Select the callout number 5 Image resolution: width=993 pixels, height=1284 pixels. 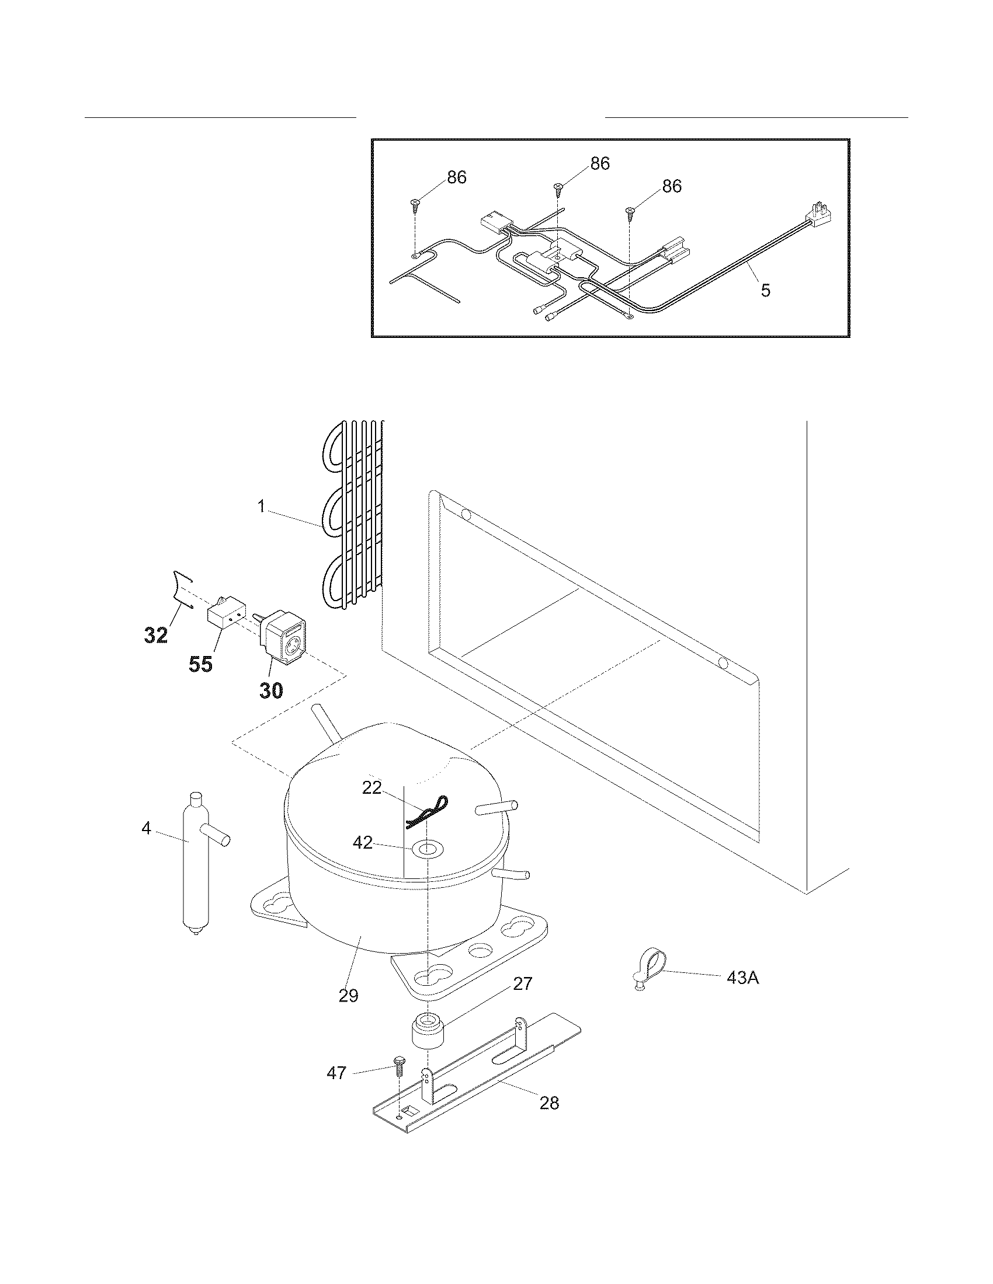pos(765,290)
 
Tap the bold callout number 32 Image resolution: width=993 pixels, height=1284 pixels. pos(156,635)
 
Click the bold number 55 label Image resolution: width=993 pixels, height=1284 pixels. pos(200,665)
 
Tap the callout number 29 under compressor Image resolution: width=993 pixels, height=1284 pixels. pos(348,996)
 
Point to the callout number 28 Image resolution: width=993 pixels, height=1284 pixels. pos(549,1103)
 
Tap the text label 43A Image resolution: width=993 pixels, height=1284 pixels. pos(743,978)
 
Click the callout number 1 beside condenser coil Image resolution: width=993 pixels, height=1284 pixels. pos(262,506)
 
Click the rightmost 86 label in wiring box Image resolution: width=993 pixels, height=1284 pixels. pos(672,186)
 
